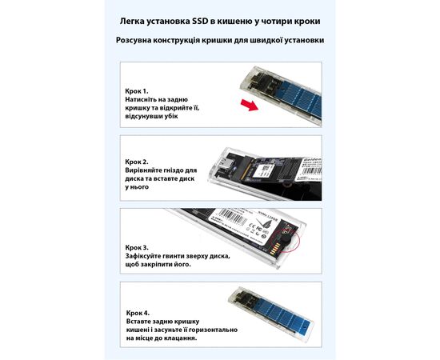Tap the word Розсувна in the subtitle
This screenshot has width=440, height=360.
(134, 40)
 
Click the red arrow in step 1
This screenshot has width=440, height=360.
(250, 105)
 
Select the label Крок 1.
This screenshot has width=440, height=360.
(137, 91)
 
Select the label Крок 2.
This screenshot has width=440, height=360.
(137, 162)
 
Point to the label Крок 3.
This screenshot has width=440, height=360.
(137, 248)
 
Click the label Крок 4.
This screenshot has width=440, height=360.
(138, 313)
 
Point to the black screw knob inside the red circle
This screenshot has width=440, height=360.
(286, 241)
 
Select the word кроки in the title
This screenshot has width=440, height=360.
(308, 22)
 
